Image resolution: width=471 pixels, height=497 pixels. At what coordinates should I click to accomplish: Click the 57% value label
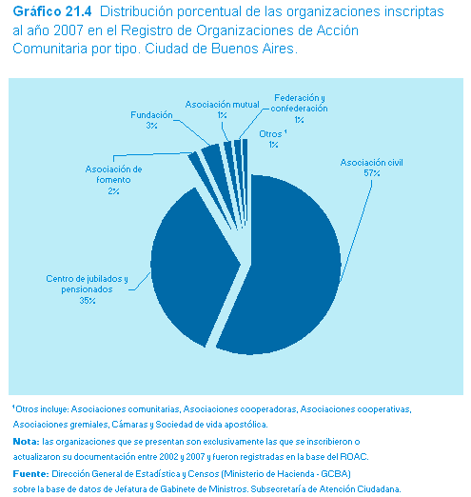[372, 173]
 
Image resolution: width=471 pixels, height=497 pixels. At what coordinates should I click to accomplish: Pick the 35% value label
[88, 300]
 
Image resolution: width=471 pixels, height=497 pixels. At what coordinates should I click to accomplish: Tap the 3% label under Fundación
[151, 126]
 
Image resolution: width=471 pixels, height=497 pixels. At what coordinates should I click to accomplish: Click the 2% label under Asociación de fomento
[113, 191]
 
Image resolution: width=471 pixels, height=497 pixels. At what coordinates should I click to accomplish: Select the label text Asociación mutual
[222, 105]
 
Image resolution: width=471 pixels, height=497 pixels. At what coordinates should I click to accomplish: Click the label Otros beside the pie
[270, 134]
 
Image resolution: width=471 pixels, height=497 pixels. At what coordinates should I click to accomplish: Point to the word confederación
[299, 109]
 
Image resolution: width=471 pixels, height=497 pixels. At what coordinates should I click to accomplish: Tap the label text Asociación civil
[371, 163]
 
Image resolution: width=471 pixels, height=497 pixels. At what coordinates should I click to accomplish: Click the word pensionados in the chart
[87, 289]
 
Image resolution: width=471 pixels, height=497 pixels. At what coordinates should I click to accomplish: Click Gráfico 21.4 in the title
[52, 12]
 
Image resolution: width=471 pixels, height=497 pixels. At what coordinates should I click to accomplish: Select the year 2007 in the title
[69, 30]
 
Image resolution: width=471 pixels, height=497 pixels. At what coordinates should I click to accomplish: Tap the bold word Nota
[26, 442]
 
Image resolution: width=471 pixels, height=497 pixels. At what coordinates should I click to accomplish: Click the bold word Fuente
[30, 474]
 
